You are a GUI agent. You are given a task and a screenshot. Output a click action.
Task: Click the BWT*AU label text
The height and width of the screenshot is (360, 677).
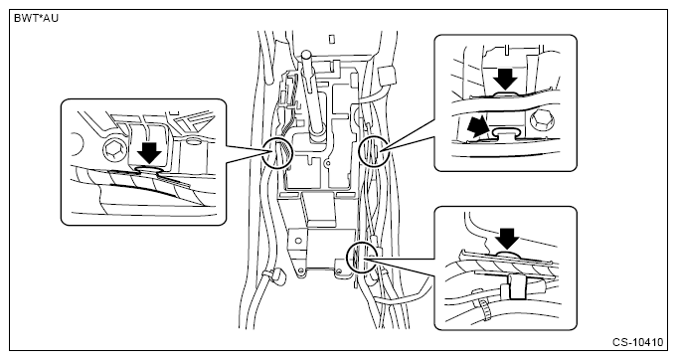click(x=36, y=19)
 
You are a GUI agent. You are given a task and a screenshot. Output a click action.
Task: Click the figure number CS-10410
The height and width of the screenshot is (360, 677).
click(x=637, y=342)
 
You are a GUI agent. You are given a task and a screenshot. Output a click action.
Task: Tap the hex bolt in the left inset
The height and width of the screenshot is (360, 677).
click(x=114, y=151)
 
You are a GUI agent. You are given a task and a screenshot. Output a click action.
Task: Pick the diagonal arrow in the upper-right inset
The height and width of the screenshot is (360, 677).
click(x=479, y=127)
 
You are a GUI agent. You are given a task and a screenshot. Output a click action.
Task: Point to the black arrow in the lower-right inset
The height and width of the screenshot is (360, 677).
click(x=507, y=240)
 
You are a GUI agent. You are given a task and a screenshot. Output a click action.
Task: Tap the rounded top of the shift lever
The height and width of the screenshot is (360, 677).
click(x=306, y=55)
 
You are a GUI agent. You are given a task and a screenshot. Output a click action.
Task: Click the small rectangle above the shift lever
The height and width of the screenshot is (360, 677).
click(x=332, y=39)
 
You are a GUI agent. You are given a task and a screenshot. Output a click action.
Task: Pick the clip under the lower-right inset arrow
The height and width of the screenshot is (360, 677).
click(x=508, y=256)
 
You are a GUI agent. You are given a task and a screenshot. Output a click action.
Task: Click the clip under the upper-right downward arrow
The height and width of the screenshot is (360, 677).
click(x=505, y=94)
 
